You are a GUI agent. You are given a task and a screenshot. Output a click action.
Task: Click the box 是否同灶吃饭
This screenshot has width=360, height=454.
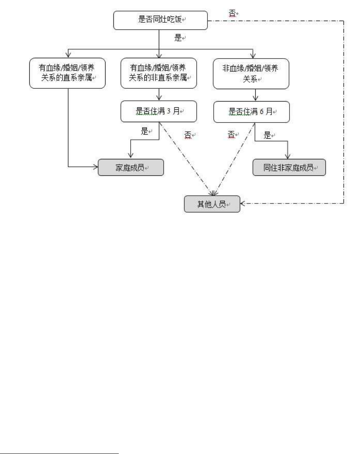coord(160,20)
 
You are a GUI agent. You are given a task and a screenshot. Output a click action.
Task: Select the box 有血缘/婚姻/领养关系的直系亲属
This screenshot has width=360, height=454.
coord(68,73)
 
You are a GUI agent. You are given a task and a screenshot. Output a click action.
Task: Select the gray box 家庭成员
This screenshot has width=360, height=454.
coord(130,167)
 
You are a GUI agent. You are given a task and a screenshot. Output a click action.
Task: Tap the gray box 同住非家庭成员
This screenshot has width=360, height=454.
coord(289,167)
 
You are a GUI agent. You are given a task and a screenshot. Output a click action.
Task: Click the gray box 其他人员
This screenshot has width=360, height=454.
coord(212,204)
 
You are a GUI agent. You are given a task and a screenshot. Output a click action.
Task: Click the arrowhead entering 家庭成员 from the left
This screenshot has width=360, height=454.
coord(95,167)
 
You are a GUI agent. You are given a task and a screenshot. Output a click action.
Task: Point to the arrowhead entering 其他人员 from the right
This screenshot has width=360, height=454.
coord(242,204)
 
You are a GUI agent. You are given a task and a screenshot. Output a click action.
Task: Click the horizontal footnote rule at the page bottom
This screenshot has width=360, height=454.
coord(59,442)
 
